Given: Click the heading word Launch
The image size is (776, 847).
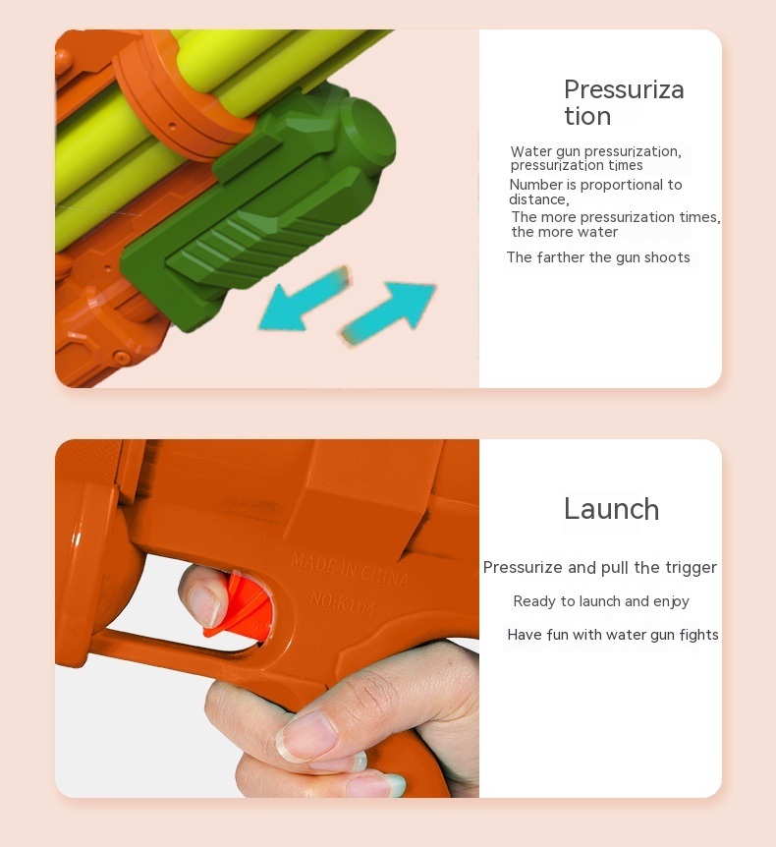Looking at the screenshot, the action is pyautogui.click(x=611, y=509).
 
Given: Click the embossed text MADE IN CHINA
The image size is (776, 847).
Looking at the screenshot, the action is pyautogui.click(x=350, y=570).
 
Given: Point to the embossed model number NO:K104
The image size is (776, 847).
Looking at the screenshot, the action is pyautogui.click(x=343, y=602).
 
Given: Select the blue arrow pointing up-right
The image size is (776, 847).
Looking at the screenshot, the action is pyautogui.click(x=389, y=311).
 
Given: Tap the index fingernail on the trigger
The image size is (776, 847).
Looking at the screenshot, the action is pyautogui.click(x=205, y=606).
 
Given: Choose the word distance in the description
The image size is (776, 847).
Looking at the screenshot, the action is pyautogui.click(x=538, y=199).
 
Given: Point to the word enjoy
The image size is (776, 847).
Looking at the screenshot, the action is pyautogui.click(x=671, y=601).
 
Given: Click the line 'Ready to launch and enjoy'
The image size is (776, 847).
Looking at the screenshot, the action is pyautogui.click(x=601, y=601).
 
